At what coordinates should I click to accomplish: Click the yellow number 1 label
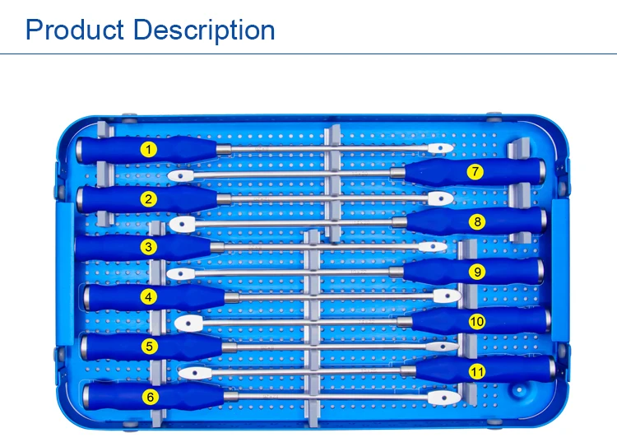[x=148, y=149]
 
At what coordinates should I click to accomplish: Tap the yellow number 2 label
[x=148, y=198]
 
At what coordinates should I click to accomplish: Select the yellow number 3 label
[x=148, y=247]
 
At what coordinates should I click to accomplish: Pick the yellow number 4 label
[x=148, y=296]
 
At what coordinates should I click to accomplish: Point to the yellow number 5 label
[x=149, y=347]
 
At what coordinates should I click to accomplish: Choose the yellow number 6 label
[x=149, y=397]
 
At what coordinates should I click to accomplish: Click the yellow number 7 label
[x=475, y=172]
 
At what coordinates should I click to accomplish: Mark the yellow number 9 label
[x=477, y=272]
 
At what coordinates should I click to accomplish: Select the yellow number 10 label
[x=477, y=322]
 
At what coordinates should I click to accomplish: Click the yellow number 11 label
[x=477, y=372]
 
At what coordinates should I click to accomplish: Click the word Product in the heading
[x=75, y=30]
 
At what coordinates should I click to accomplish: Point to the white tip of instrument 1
[x=441, y=148]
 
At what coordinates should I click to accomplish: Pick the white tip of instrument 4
[x=447, y=296]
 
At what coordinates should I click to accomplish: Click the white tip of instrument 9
[x=178, y=272]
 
